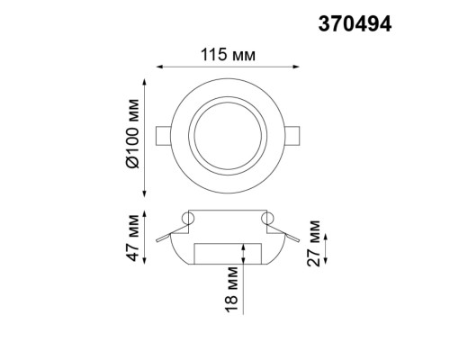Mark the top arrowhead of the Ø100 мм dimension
click(x=144, y=80)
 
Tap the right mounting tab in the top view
click(x=294, y=136)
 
